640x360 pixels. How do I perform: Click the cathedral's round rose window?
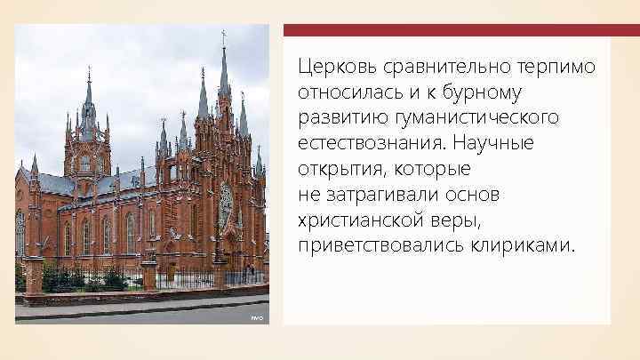pos(226,206)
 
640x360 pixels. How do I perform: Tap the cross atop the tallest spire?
pos(223,36)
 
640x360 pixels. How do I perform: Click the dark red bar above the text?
pos(460,30)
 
